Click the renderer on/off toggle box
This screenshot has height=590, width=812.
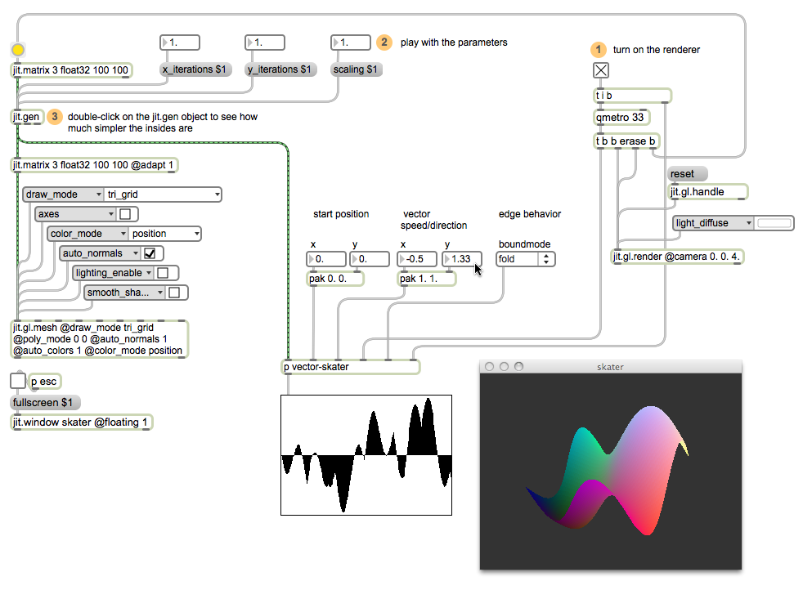(601, 70)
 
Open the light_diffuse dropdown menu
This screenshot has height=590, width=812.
(713, 223)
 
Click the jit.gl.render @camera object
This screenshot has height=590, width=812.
(678, 257)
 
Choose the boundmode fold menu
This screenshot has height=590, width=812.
(525, 259)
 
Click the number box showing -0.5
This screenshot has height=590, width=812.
(417, 259)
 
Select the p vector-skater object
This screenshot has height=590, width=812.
(350, 367)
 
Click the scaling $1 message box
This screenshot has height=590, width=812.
(356, 69)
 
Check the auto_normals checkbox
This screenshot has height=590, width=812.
(150, 253)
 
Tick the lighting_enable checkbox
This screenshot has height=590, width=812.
(163, 273)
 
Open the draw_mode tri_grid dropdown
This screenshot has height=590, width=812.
(163, 194)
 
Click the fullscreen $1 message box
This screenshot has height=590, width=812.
(45, 403)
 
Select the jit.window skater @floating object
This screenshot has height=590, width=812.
(81, 422)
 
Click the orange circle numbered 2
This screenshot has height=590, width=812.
(384, 42)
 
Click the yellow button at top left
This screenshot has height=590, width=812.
(18, 51)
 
